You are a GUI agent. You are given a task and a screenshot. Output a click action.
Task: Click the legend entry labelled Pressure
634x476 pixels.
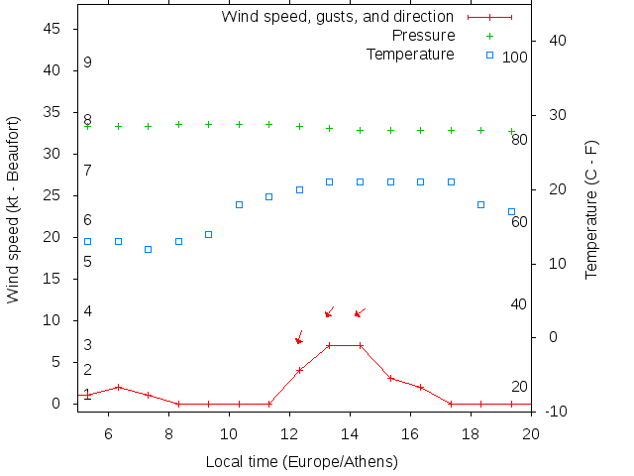pyautogui.click(x=423, y=36)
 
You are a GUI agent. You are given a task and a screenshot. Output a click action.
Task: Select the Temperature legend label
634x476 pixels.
pyautogui.click(x=410, y=54)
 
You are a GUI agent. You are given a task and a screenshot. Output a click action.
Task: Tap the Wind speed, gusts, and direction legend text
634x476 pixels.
pyautogui.click(x=337, y=17)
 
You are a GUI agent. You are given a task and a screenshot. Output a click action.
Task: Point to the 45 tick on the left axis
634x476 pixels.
pyautogui.click(x=53, y=30)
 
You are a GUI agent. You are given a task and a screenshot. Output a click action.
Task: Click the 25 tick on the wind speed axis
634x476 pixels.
pyautogui.click(x=53, y=196)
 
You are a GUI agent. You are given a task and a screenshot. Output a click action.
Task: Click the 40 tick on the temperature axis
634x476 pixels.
pyautogui.click(x=553, y=41)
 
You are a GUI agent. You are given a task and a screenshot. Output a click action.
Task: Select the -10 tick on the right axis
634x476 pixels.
pyautogui.click(x=553, y=411)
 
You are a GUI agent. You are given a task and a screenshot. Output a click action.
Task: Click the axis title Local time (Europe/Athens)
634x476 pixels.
pyautogui.click(x=301, y=462)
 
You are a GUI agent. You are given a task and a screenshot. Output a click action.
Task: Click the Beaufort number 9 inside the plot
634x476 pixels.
pyautogui.click(x=88, y=62)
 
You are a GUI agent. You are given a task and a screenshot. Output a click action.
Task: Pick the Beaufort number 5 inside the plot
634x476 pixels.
pyautogui.click(x=88, y=262)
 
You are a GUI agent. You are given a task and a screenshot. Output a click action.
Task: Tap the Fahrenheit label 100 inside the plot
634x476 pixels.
pyautogui.click(x=515, y=58)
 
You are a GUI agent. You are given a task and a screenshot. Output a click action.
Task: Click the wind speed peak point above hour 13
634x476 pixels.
pyautogui.click(x=329, y=345)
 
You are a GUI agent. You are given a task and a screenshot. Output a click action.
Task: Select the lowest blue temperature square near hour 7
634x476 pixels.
pyautogui.click(x=148, y=249)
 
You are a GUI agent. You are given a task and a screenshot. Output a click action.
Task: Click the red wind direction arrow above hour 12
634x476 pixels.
pyautogui.click(x=298, y=338)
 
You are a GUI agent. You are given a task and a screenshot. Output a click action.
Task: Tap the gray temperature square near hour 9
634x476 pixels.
pyautogui.click(x=208, y=234)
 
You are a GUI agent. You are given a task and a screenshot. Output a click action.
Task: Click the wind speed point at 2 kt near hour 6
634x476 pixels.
pyautogui.click(x=118, y=387)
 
